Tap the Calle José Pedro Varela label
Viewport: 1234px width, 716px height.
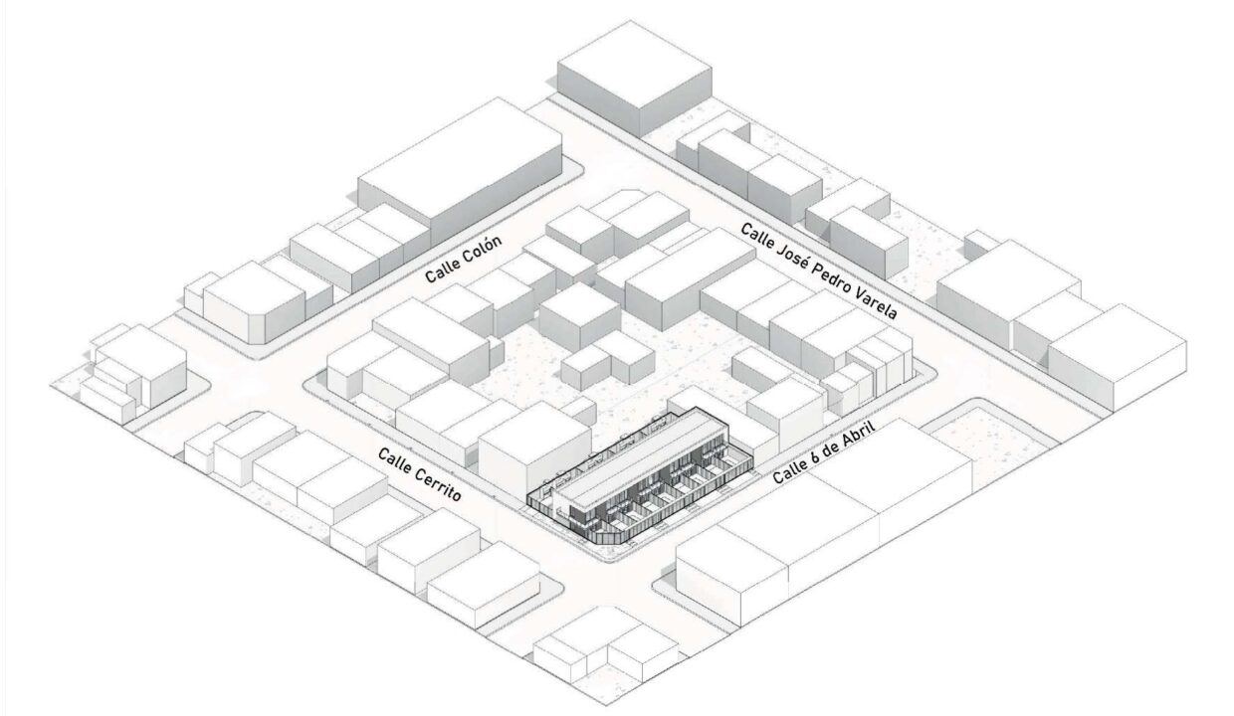[819, 270]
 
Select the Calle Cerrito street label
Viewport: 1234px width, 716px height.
[420, 475]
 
